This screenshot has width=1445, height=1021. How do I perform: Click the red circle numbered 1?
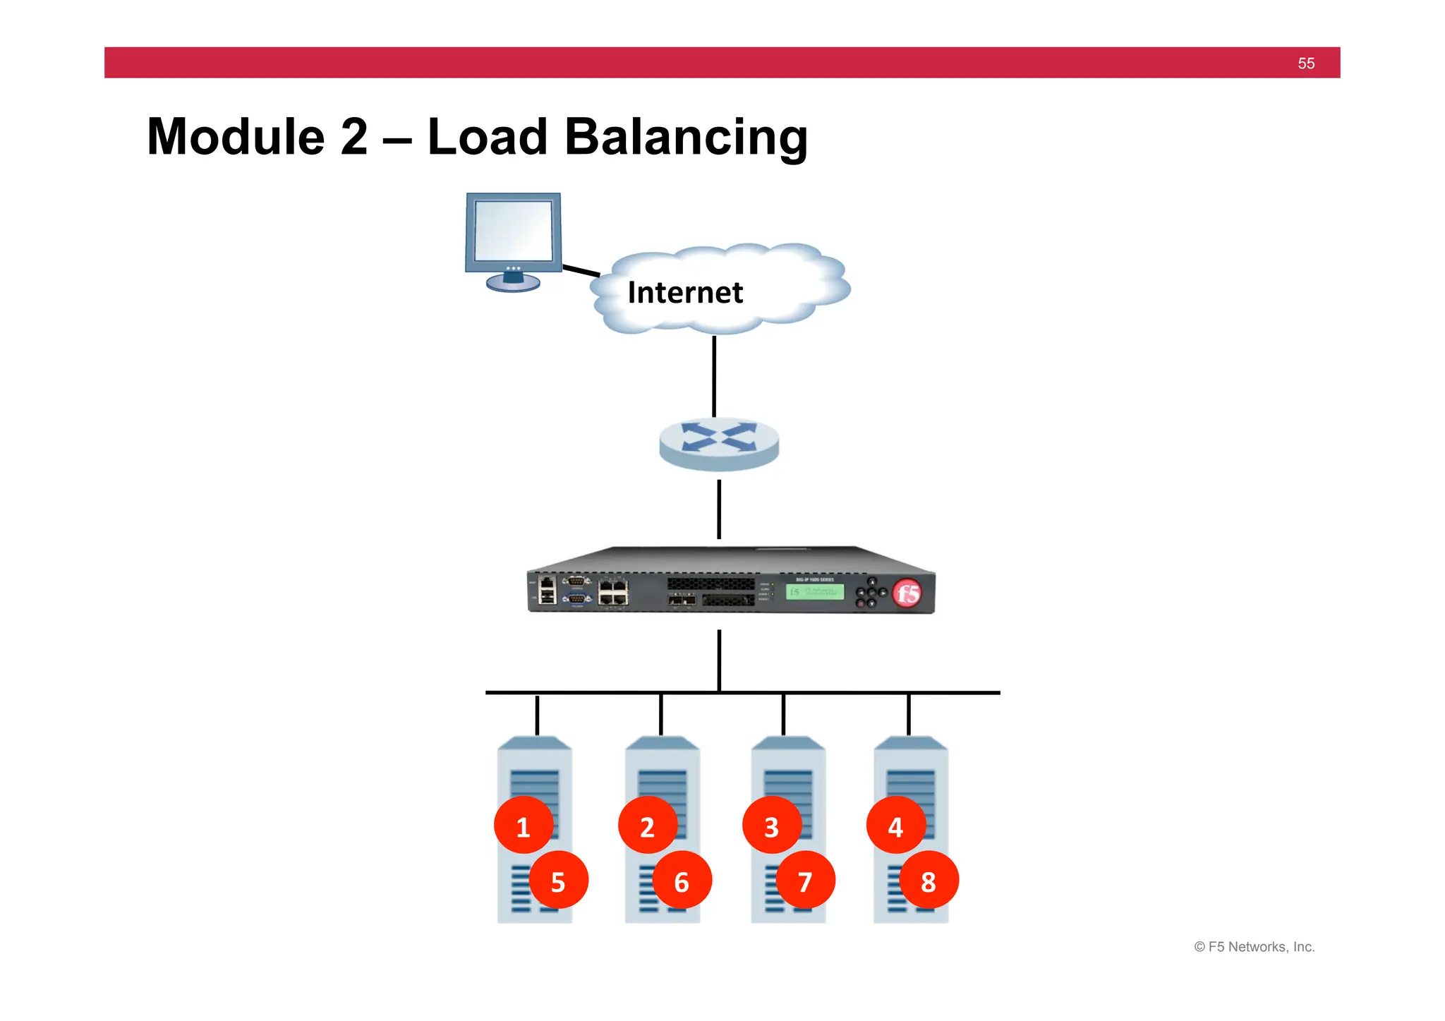click(523, 826)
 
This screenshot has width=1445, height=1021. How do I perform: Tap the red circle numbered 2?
click(647, 826)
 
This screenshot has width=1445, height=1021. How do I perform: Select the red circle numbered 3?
click(771, 826)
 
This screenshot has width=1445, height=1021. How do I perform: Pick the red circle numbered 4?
click(895, 826)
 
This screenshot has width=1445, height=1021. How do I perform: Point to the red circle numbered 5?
click(558, 881)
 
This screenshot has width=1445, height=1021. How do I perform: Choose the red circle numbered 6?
click(682, 881)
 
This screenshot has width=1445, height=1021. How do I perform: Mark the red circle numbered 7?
click(805, 881)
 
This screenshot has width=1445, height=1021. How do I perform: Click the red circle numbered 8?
click(929, 881)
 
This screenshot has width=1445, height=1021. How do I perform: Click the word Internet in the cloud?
click(685, 293)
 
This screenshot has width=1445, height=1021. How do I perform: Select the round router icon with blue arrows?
click(719, 444)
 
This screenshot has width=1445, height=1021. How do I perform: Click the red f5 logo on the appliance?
click(907, 593)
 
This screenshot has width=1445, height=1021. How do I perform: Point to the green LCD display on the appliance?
click(815, 592)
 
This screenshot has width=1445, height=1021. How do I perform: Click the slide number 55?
click(1306, 64)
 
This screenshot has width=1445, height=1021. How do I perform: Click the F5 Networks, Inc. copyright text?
click(1254, 947)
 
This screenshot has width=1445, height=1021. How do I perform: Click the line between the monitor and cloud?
click(581, 270)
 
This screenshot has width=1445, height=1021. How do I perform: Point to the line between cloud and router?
click(714, 375)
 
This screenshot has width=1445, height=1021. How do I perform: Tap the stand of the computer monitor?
click(513, 282)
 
